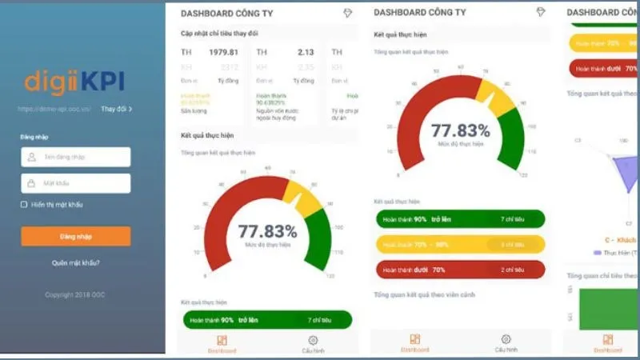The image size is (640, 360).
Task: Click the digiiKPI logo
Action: [x=74, y=82]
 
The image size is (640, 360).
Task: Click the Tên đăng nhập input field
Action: [x=76, y=157]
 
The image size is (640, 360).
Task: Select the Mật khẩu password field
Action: [x=76, y=183]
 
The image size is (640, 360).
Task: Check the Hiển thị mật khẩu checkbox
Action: [x=24, y=205]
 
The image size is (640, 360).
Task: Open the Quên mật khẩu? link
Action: [x=76, y=262]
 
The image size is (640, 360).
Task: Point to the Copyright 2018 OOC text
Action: [x=74, y=294]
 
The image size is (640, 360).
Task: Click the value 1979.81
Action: [x=224, y=52]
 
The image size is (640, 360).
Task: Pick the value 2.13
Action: [x=306, y=52]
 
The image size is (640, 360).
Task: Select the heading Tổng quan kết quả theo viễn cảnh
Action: [x=424, y=295]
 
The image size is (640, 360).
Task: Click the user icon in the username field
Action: [x=32, y=157]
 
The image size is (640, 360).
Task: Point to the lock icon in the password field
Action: [x=32, y=183]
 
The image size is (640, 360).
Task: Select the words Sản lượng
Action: [x=193, y=111]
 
